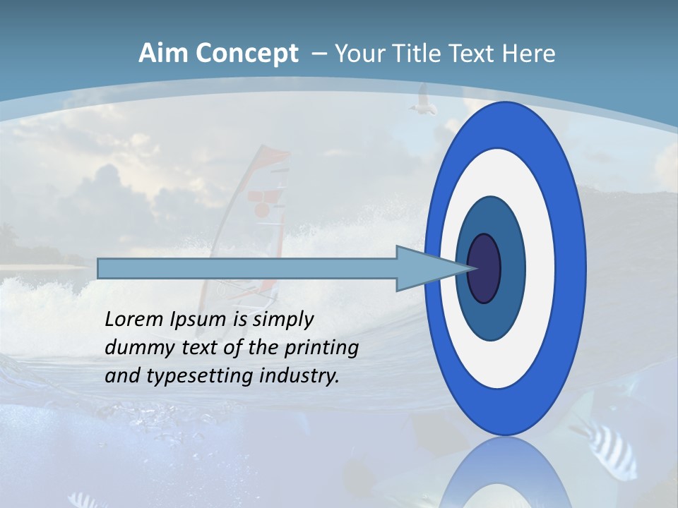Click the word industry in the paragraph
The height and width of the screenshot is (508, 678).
(x=299, y=375)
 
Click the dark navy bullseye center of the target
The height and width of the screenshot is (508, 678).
(x=484, y=268)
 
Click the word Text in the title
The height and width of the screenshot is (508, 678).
(x=474, y=53)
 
